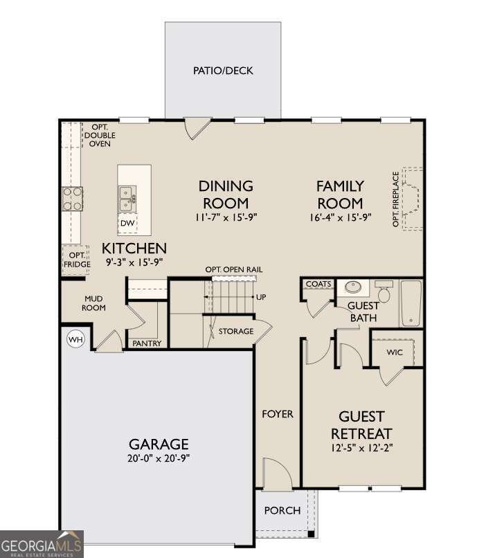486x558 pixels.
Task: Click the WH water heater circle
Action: [x=75, y=339]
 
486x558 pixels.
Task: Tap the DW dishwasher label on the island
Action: [x=127, y=223]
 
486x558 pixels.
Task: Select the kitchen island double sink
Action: [x=127, y=199]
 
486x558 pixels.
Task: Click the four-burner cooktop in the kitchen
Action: [x=73, y=199]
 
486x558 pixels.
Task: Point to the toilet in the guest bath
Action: [x=384, y=292]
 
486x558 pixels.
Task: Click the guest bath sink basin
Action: [x=352, y=286]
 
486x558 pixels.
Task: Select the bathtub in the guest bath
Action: [x=411, y=303]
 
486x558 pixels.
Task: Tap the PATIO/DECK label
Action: [x=223, y=71]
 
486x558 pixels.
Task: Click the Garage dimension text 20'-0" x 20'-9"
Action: [x=159, y=458]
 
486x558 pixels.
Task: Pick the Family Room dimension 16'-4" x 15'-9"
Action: [x=340, y=217]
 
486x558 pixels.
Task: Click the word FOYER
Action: [x=278, y=414]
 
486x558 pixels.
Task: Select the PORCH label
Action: [x=282, y=510]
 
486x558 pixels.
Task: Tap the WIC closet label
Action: [x=395, y=352]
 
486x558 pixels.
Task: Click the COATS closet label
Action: [x=318, y=284]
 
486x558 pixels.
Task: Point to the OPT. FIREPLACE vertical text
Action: [x=395, y=199]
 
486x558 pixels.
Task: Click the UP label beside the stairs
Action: [x=261, y=297]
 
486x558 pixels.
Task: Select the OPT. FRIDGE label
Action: [x=77, y=260]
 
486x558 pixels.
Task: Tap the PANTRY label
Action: [x=147, y=343]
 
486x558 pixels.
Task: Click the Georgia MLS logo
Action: [x=42, y=544]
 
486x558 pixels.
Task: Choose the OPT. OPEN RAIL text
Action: [x=234, y=269]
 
